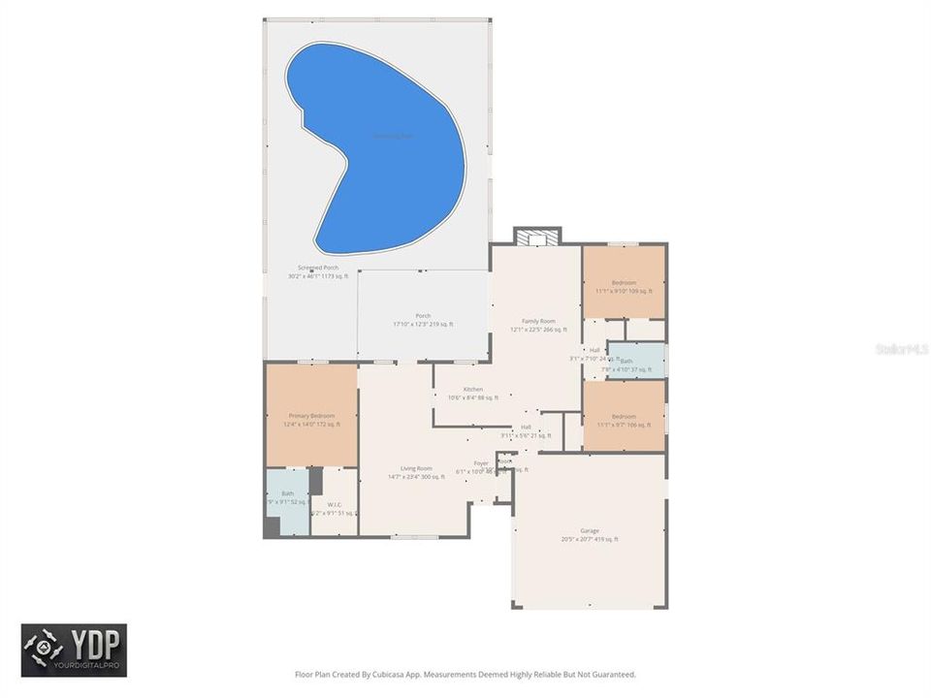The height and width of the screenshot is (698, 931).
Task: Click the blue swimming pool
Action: coord(388,145)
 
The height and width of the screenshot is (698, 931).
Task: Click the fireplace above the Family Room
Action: coord(537,236)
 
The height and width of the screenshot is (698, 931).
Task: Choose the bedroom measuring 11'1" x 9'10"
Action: coord(624,283)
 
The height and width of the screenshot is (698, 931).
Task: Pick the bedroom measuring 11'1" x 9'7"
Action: coord(624,416)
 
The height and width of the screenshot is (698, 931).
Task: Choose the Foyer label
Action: coord(481,463)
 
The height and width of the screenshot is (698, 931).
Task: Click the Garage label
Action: coord(589,531)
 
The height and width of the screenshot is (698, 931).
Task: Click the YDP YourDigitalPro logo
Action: coord(74,650)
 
